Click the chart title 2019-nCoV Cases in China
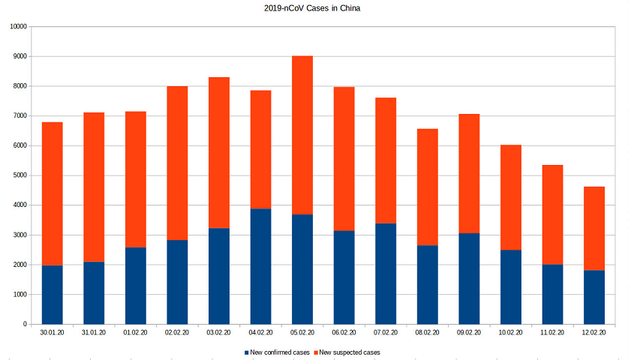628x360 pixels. click(x=314, y=9)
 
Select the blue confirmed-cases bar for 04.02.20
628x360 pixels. click(x=260, y=266)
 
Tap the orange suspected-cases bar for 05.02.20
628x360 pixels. click(x=302, y=135)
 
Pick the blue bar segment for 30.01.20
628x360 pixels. click(x=52, y=295)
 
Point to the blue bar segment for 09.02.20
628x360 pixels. click(x=469, y=279)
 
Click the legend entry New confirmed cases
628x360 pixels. click(x=278, y=352)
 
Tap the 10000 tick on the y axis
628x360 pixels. click(x=17, y=26)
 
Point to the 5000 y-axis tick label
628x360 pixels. click(x=19, y=175)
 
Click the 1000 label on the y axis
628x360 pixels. click(x=19, y=295)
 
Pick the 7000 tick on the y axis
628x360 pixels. click(x=19, y=116)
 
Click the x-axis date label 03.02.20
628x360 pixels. click(x=219, y=331)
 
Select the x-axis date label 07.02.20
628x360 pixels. click(x=386, y=331)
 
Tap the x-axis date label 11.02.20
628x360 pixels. click(x=552, y=331)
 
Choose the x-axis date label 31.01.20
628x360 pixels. click(x=94, y=331)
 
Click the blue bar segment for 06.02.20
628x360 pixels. click(x=344, y=277)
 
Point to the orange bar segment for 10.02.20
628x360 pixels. click(x=511, y=197)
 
